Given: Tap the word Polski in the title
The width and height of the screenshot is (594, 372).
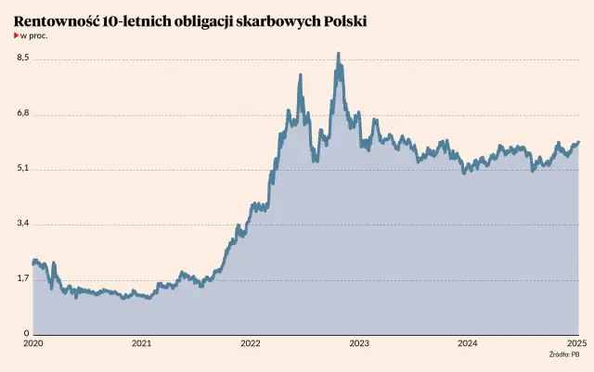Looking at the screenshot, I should point(339,19).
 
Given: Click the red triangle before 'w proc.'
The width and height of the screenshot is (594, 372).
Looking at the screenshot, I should point(16,35).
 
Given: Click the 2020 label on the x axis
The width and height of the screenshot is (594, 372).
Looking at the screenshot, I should point(32,343).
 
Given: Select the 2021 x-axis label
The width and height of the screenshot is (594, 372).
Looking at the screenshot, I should point(142,343).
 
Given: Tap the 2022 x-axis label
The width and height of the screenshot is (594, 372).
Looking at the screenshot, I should point(251,343).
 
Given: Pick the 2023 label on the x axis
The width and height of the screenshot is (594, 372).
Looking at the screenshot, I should point(359,343).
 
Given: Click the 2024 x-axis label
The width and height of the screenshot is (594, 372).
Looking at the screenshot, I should point(468,343).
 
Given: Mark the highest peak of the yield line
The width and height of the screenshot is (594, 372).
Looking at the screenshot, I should point(338,54).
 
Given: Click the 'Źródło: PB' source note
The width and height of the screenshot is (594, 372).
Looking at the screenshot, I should point(563,354).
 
